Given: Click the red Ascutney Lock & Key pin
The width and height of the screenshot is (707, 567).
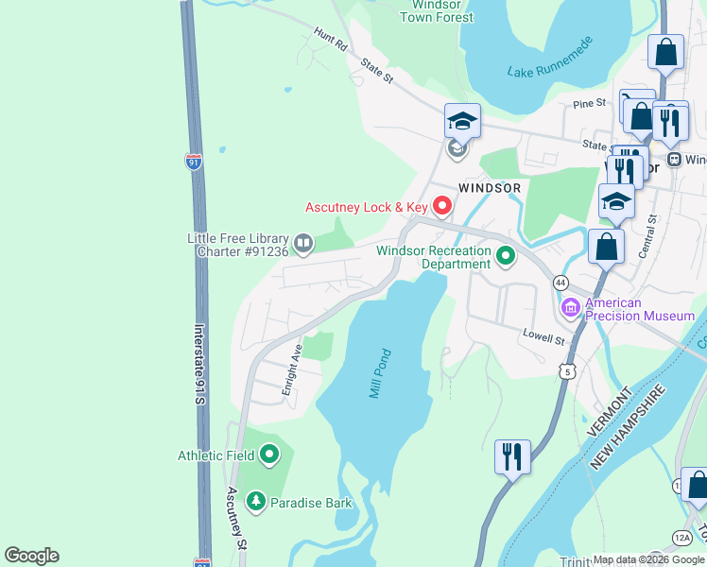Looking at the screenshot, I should [x=441, y=205].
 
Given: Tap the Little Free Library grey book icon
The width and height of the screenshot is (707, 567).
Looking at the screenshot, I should [x=303, y=244].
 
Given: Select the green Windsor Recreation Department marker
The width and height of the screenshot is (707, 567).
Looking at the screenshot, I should [x=506, y=255].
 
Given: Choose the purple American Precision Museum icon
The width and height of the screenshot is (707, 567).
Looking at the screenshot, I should [x=571, y=307].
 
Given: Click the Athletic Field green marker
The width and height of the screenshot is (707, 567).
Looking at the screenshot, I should [x=269, y=455].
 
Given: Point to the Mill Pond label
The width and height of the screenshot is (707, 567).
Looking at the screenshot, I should [x=380, y=372].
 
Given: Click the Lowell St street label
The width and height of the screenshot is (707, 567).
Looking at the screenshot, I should [x=543, y=335].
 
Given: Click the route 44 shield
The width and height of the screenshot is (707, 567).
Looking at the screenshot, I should [x=560, y=283].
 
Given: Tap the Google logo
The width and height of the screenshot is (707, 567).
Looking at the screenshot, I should [x=31, y=556].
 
